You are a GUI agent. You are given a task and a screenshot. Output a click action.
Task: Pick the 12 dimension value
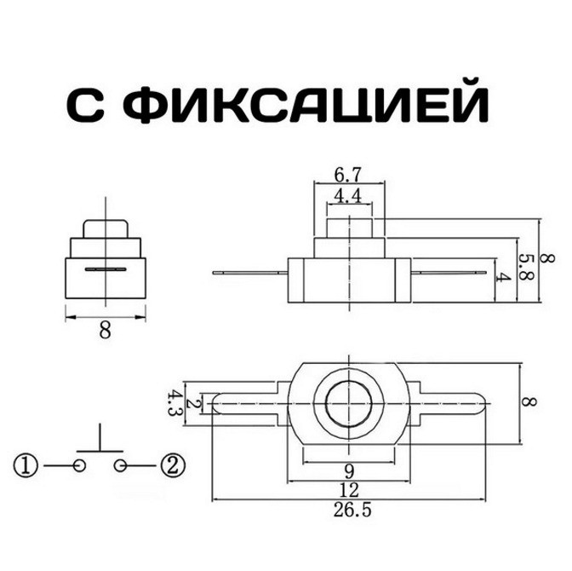350,490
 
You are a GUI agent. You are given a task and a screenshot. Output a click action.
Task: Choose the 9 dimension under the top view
350,470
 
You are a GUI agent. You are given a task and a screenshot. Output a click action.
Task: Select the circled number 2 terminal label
173,465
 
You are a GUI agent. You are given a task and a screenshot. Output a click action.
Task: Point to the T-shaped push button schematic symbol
100,443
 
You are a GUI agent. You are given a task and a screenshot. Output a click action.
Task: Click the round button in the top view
350,402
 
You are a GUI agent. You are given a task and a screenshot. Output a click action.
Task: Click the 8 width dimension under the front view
105,332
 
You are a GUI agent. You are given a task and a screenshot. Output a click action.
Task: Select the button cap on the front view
105,228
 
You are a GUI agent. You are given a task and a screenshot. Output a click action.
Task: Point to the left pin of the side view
251,273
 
